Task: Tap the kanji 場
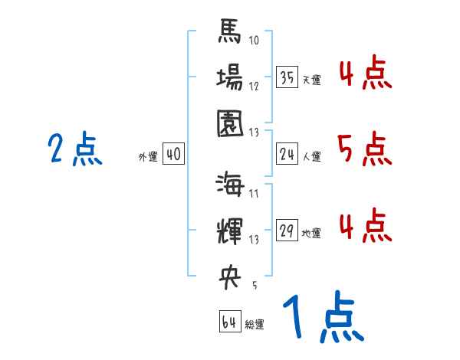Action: click(229, 78)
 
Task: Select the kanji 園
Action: click(229, 123)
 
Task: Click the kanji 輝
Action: click(229, 231)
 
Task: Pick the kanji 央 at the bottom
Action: click(229, 277)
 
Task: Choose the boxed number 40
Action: click(173, 155)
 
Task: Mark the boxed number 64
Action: click(229, 322)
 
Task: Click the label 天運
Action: click(311, 80)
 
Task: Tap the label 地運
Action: click(311, 234)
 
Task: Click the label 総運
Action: click(255, 325)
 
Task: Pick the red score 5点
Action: click(365, 149)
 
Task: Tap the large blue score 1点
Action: click(322, 318)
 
